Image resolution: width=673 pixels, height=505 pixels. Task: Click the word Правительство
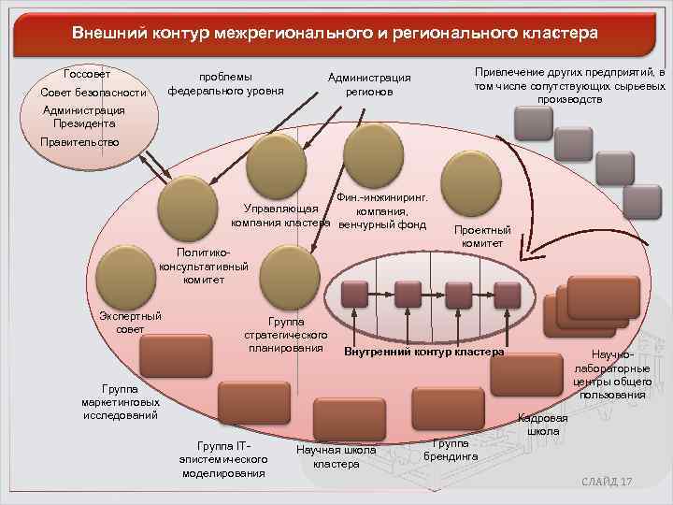[79, 142]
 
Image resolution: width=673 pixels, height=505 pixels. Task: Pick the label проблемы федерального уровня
[225, 84]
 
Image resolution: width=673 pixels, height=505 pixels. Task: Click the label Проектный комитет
[482, 237]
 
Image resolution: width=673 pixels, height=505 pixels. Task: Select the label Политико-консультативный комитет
[204, 266]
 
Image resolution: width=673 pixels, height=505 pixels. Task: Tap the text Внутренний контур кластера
[423, 353]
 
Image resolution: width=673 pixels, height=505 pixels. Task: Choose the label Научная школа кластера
[336, 456]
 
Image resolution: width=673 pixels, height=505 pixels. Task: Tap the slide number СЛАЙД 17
[607, 481]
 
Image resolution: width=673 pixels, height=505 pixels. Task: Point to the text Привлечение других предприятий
[570, 85]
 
